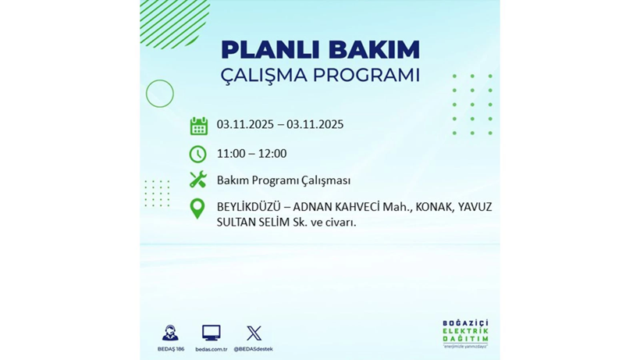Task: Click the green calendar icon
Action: (198, 126)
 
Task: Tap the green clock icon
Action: (198, 154)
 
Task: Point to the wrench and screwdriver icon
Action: (198, 180)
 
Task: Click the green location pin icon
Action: (198, 209)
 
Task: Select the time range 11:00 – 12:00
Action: (251, 154)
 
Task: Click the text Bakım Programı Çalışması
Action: (283, 180)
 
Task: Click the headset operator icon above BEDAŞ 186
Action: (169, 333)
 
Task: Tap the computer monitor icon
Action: (211, 333)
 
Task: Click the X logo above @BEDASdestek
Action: (253, 333)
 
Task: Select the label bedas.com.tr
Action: (211, 348)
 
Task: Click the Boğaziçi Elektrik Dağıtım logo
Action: (465, 334)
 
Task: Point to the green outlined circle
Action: (160, 94)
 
